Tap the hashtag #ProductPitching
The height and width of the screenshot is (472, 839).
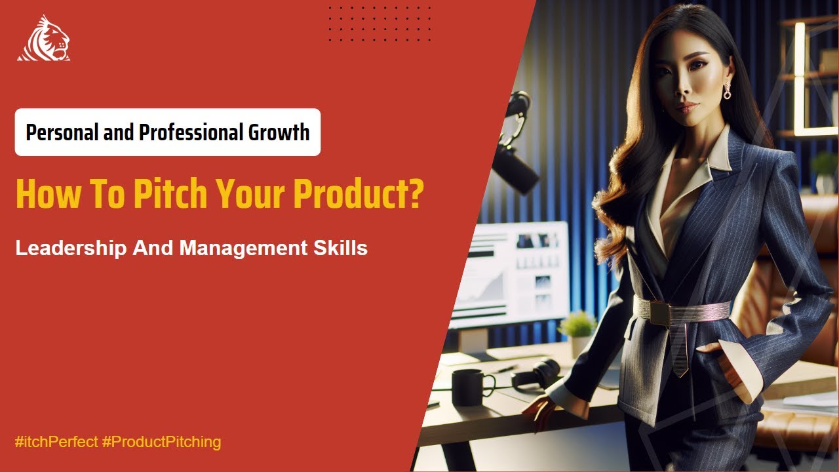(162, 442)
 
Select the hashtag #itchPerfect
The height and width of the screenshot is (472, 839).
(56, 442)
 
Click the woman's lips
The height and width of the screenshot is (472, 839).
(686, 106)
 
